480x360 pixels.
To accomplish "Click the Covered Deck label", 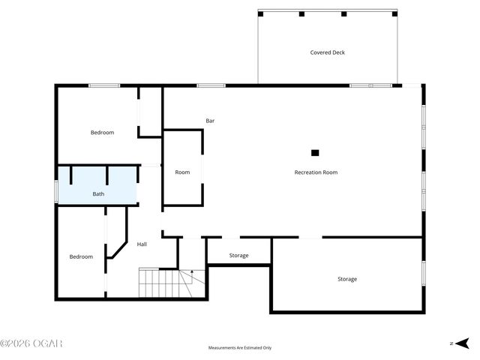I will [327, 52].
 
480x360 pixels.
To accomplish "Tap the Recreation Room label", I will [316, 172].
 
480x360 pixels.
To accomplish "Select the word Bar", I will [211, 121].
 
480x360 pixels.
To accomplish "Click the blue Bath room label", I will [98, 194].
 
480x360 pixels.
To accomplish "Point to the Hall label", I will [142, 244].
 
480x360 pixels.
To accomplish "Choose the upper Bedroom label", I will [102, 133].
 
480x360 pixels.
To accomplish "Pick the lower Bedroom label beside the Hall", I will [81, 256].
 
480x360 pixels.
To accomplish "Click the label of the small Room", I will [182, 172].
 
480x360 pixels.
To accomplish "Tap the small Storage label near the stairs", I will [238, 256].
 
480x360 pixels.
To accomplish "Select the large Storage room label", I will [346, 279].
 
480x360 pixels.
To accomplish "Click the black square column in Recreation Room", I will [315, 153].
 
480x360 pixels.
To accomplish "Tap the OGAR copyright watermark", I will [31, 343].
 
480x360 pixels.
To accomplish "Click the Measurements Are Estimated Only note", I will [240, 348].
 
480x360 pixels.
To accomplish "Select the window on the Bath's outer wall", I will [56, 190].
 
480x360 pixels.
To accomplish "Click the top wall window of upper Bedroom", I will [104, 85].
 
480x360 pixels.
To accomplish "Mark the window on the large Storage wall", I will [424, 274].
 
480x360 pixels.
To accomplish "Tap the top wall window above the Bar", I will [211, 85].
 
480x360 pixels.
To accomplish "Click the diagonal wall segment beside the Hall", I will [117, 249].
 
